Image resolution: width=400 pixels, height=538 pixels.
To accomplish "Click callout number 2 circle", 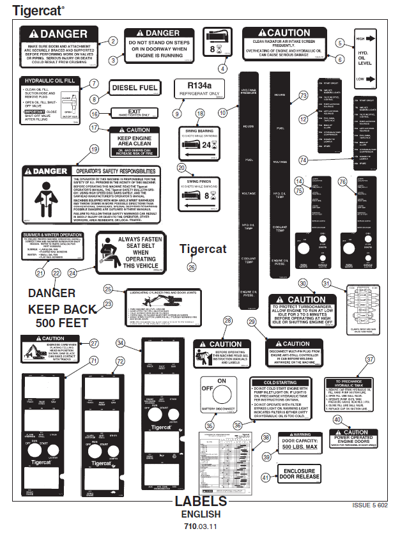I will tap(113, 42).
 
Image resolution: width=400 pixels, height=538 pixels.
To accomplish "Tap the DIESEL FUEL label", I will tap(135, 88).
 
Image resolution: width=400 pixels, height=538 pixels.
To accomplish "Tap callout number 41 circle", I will tap(266, 477).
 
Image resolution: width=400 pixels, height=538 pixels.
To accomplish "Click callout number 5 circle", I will tap(339, 43).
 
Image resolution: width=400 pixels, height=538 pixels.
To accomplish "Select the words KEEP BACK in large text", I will tap(63, 309).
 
